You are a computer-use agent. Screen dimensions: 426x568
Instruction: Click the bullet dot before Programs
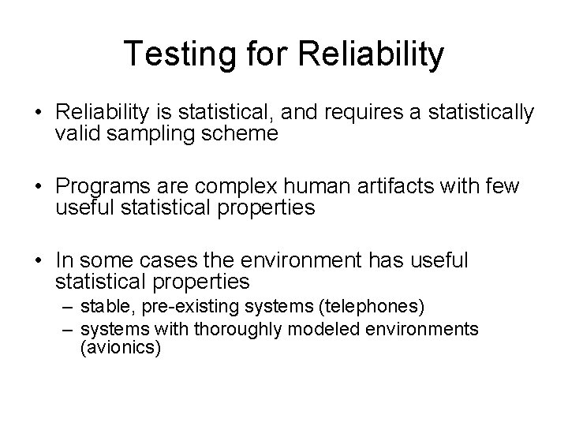(39, 187)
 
